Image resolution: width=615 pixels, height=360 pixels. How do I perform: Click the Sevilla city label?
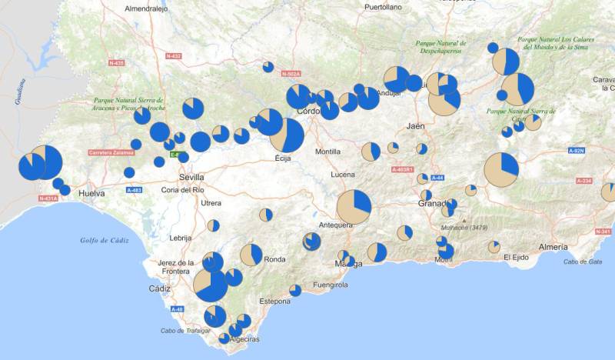click(x=191, y=175)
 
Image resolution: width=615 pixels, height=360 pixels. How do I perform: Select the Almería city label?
click(x=553, y=247)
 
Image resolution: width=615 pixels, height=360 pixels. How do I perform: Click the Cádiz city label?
click(x=160, y=288)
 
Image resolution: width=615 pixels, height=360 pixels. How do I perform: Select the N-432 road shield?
click(x=173, y=56)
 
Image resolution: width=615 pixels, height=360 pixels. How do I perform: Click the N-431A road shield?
click(x=48, y=198)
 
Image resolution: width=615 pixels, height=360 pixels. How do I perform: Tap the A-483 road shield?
click(x=133, y=189)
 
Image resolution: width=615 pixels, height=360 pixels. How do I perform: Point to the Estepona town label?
click(x=275, y=301)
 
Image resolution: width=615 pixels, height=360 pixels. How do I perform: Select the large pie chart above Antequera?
click(x=354, y=207)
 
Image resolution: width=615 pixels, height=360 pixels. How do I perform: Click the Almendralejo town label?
click(x=148, y=8)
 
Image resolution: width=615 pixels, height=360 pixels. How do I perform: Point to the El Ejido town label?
click(x=517, y=258)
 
